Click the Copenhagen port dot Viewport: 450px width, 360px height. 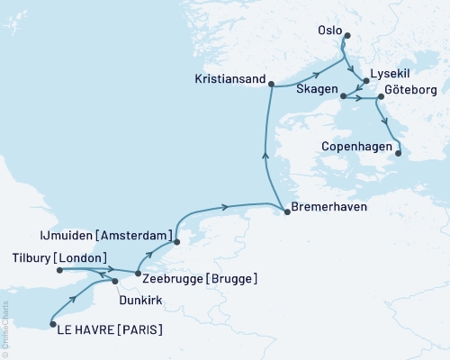click(x=398, y=153)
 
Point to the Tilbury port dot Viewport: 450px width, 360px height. click(x=59, y=268)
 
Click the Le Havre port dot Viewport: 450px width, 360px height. click(x=51, y=324)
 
